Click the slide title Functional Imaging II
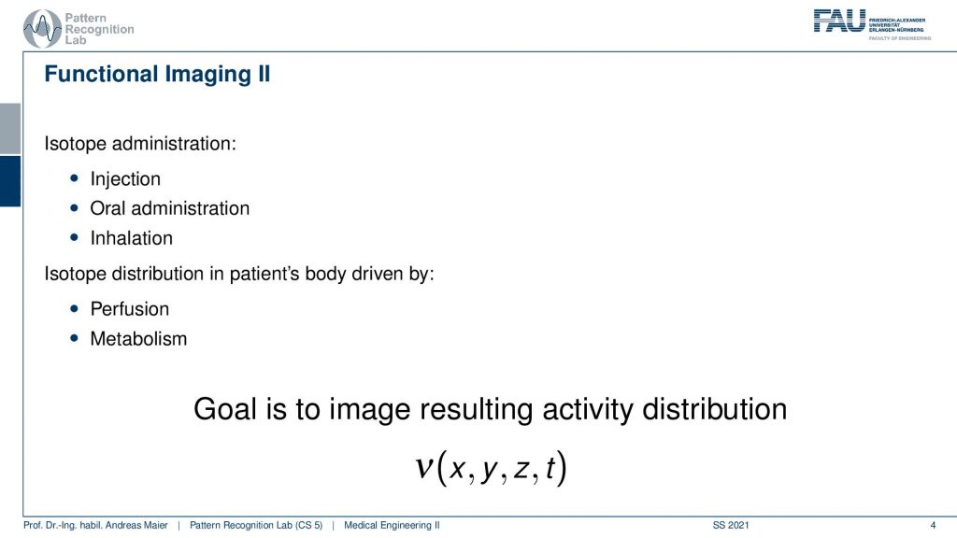click(157, 75)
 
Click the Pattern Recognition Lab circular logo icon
click(42, 29)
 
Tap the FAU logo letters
click(839, 21)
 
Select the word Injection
click(125, 179)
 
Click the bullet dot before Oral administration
click(75, 208)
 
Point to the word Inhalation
click(131, 238)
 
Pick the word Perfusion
click(129, 308)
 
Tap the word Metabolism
click(138, 338)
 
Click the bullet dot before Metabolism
click(75, 338)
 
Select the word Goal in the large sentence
click(224, 409)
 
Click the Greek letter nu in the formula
click(424, 468)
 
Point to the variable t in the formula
click(550, 468)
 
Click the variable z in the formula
click(521, 469)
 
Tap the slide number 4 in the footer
click(933, 525)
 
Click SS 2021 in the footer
click(731, 525)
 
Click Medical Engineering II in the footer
click(392, 525)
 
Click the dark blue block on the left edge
click(10, 181)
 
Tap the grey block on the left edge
click(10, 129)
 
